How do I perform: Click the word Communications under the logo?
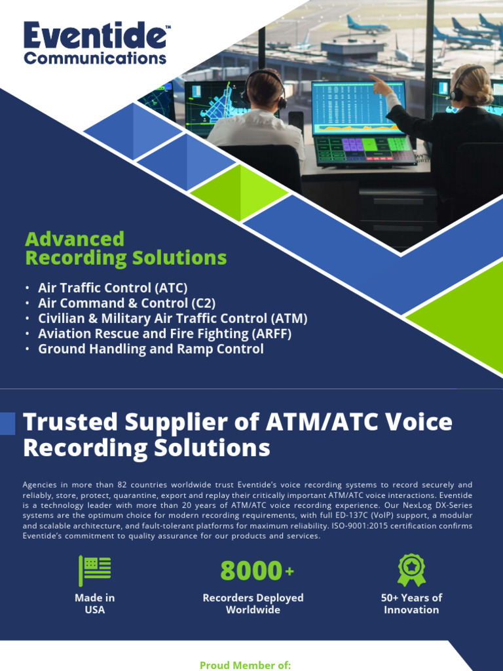(x=95, y=58)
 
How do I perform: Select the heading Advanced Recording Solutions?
(x=126, y=248)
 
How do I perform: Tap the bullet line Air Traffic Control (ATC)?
(x=113, y=288)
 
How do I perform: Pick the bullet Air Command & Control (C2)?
(x=126, y=303)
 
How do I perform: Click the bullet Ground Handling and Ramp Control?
(x=151, y=349)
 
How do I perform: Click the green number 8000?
(x=251, y=571)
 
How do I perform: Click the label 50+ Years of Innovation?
(x=411, y=604)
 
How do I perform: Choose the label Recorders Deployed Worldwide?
(x=253, y=604)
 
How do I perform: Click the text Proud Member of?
(x=245, y=665)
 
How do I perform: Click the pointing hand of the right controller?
(x=379, y=83)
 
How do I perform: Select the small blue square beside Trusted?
(x=7, y=423)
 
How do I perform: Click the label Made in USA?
(x=95, y=604)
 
